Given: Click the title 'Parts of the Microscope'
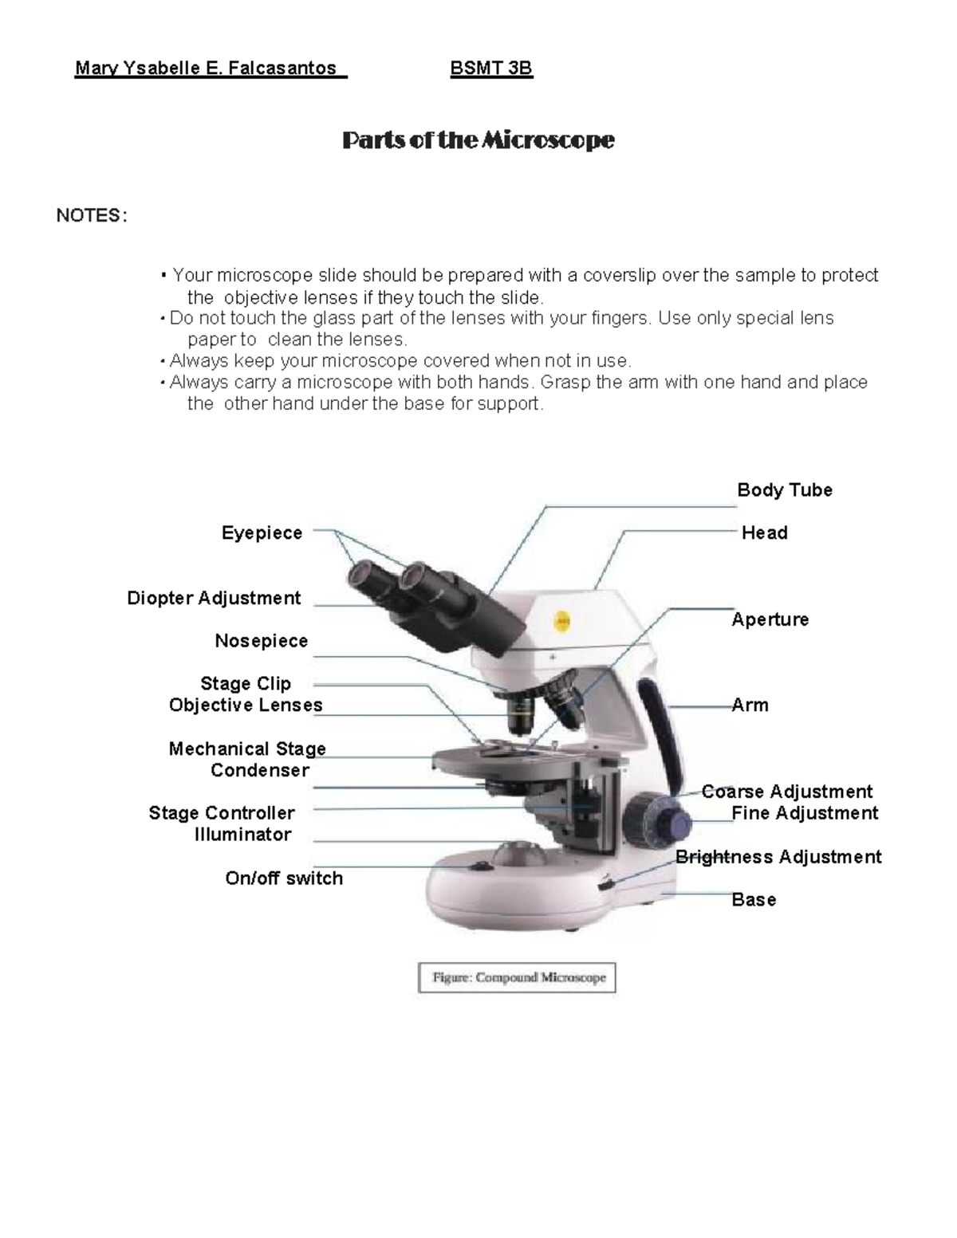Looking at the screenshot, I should pos(478,140).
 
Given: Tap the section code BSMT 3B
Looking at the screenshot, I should pos(491,69).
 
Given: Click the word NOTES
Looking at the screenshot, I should pos(89,216).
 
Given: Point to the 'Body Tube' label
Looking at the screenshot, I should pos(785,490).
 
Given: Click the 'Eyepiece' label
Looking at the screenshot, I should pos(262,533).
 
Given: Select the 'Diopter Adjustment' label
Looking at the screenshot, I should pos(214,598).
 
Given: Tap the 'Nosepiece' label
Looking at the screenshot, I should pos(261,641).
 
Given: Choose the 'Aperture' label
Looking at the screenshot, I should pos(770,619).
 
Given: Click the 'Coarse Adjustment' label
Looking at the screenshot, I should pos(787,792).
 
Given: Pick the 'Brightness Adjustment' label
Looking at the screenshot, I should pos(778,857).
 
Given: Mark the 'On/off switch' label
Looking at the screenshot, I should pos(284,878).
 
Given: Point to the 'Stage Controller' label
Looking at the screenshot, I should pos(222,813).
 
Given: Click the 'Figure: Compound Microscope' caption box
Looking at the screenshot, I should pos(517,977).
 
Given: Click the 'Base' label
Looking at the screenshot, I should pos(754,900).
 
